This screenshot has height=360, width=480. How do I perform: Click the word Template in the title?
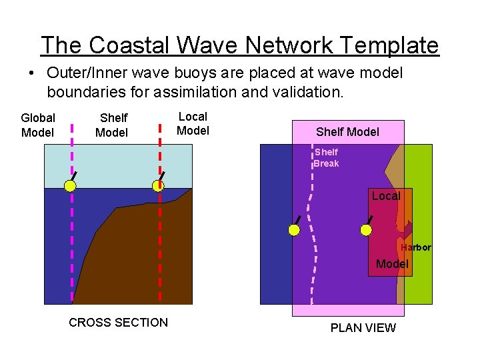tap(389, 45)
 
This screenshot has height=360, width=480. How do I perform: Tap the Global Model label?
tap(38, 125)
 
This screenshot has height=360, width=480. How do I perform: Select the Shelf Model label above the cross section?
tap(112, 125)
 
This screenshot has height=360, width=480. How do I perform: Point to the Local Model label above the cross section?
tap(193, 123)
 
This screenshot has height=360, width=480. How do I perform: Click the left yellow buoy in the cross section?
tap(70, 186)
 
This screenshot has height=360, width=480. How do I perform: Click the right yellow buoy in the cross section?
tap(158, 186)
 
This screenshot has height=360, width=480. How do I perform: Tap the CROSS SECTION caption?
tap(118, 323)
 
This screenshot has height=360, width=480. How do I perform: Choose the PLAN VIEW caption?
tap(363, 328)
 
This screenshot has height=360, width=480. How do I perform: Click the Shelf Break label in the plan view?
tap(327, 158)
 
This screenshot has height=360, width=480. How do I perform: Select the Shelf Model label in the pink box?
tap(347, 132)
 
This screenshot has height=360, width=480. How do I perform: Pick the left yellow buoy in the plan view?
tap(294, 230)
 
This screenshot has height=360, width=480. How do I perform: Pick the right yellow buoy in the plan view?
tap(366, 230)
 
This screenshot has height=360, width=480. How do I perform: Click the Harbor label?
tap(416, 247)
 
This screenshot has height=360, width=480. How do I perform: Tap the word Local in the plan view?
tap(386, 196)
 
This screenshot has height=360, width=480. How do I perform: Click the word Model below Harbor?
tap(392, 264)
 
